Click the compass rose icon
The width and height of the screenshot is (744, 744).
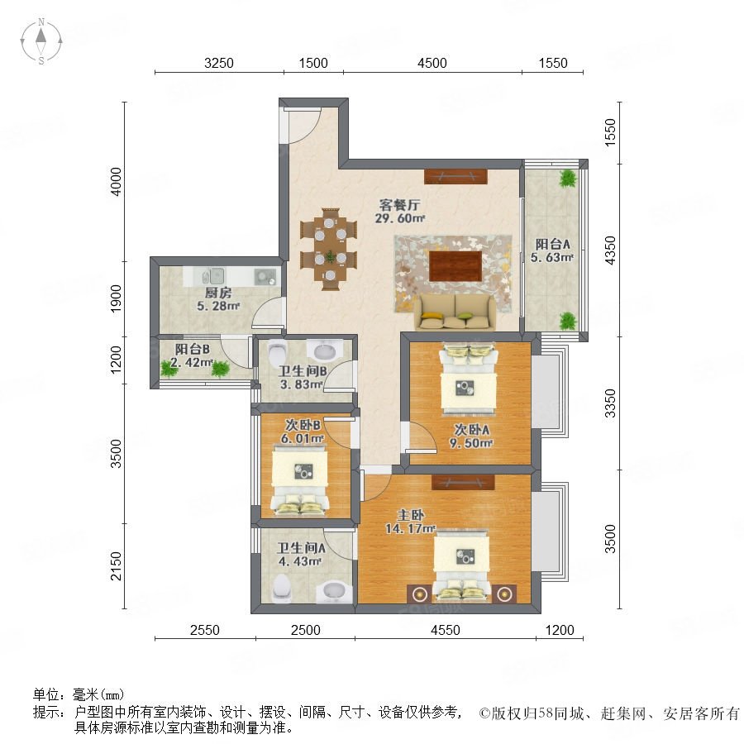point(41,41)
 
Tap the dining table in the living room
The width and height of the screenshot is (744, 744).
point(330,249)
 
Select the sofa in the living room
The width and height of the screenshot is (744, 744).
point(455,312)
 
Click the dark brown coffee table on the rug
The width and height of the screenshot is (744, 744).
point(455,266)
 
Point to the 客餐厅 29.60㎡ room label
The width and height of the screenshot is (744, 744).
point(399,211)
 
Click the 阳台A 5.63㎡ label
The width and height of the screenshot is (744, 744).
point(552,250)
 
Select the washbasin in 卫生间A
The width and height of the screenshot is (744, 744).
point(335,592)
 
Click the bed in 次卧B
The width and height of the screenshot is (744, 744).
point(299,480)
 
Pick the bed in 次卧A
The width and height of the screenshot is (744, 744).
point(469,380)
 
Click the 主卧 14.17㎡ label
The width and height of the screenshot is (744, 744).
point(410,522)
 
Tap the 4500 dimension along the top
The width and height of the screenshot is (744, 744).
point(432,63)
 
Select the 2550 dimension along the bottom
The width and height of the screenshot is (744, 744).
point(204,630)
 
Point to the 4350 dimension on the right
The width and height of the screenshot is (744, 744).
point(610,250)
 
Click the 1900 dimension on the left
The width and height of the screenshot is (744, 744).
point(116,298)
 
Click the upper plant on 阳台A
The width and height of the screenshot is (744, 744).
point(567,179)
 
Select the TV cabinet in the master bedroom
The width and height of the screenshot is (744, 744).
point(463,483)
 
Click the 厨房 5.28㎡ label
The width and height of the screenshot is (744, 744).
point(218,299)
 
